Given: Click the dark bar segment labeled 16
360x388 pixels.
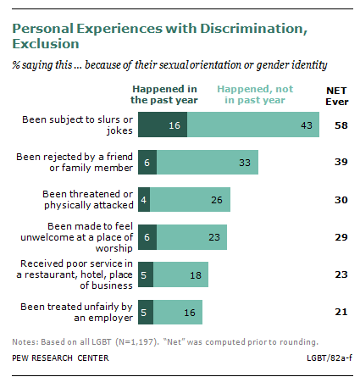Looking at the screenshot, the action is point(163,125).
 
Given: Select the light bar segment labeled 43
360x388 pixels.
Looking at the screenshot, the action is point(253,125).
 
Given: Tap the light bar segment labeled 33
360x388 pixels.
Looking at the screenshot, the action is point(208,162).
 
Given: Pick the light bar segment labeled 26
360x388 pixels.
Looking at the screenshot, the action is point(190,199).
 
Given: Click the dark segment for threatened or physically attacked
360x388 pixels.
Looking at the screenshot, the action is point(144,199).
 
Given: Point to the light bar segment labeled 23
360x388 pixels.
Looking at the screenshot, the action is point(191,237).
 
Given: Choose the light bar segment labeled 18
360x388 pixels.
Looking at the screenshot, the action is point(180,274).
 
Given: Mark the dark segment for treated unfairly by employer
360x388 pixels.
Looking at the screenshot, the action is point(146,312).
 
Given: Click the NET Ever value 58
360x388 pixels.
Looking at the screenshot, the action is point(341,125).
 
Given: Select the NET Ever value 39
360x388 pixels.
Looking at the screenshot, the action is point(341,162).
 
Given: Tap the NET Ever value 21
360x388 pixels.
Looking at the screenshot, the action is point(341,312).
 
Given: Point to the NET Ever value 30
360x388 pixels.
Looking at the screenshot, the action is point(341,200).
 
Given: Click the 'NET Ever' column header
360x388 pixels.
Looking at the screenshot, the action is point(337,96).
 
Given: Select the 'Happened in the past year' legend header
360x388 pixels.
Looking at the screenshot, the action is point(164,94).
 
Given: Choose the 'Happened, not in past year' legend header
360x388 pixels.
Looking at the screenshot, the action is point(255,94).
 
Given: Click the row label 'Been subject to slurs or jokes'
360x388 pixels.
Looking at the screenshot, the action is point(77,125).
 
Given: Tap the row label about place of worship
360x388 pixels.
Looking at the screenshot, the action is point(76,237).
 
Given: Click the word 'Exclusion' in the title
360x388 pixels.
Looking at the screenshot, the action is point(46,44).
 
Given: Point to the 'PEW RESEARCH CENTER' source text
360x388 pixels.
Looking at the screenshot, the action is point(60,358).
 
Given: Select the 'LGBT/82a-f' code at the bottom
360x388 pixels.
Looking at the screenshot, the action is point(330,358).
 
